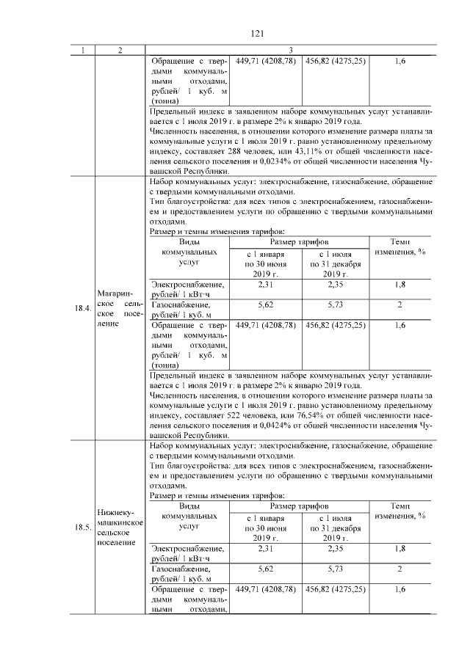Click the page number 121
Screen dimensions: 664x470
(257, 33)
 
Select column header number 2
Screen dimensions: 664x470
(120, 51)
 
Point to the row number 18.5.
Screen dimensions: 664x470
(82, 528)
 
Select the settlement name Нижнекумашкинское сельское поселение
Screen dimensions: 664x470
(120, 527)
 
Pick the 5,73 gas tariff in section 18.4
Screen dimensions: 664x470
(335, 304)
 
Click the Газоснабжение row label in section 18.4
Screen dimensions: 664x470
(177, 304)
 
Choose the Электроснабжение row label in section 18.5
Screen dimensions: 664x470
(187, 548)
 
